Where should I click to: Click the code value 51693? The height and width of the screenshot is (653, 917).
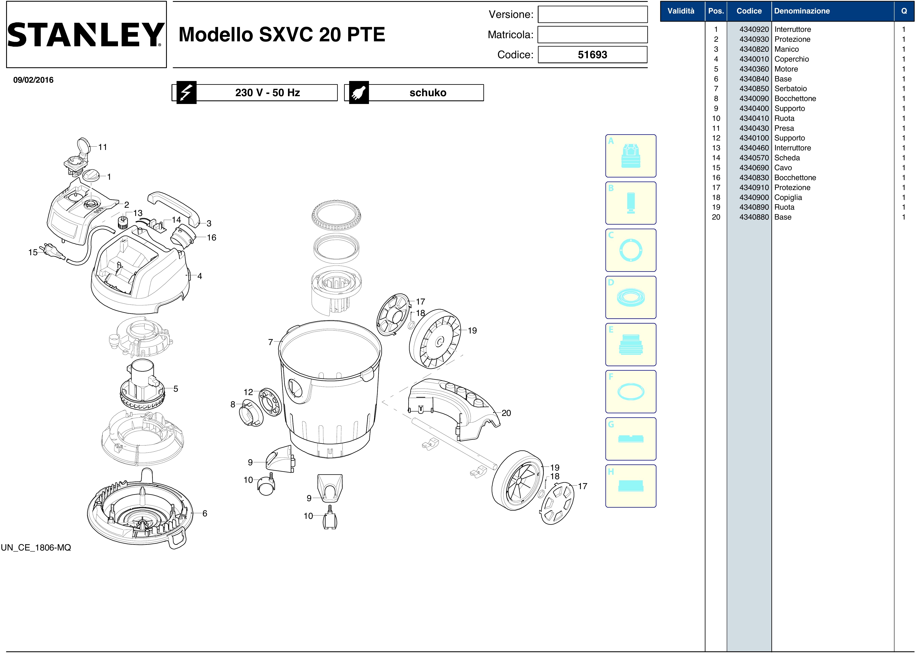point(593,55)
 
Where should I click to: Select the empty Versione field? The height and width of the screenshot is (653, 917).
point(593,15)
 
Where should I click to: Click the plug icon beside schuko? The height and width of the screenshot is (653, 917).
point(359,92)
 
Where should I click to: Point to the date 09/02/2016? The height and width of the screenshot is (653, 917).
point(33,80)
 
